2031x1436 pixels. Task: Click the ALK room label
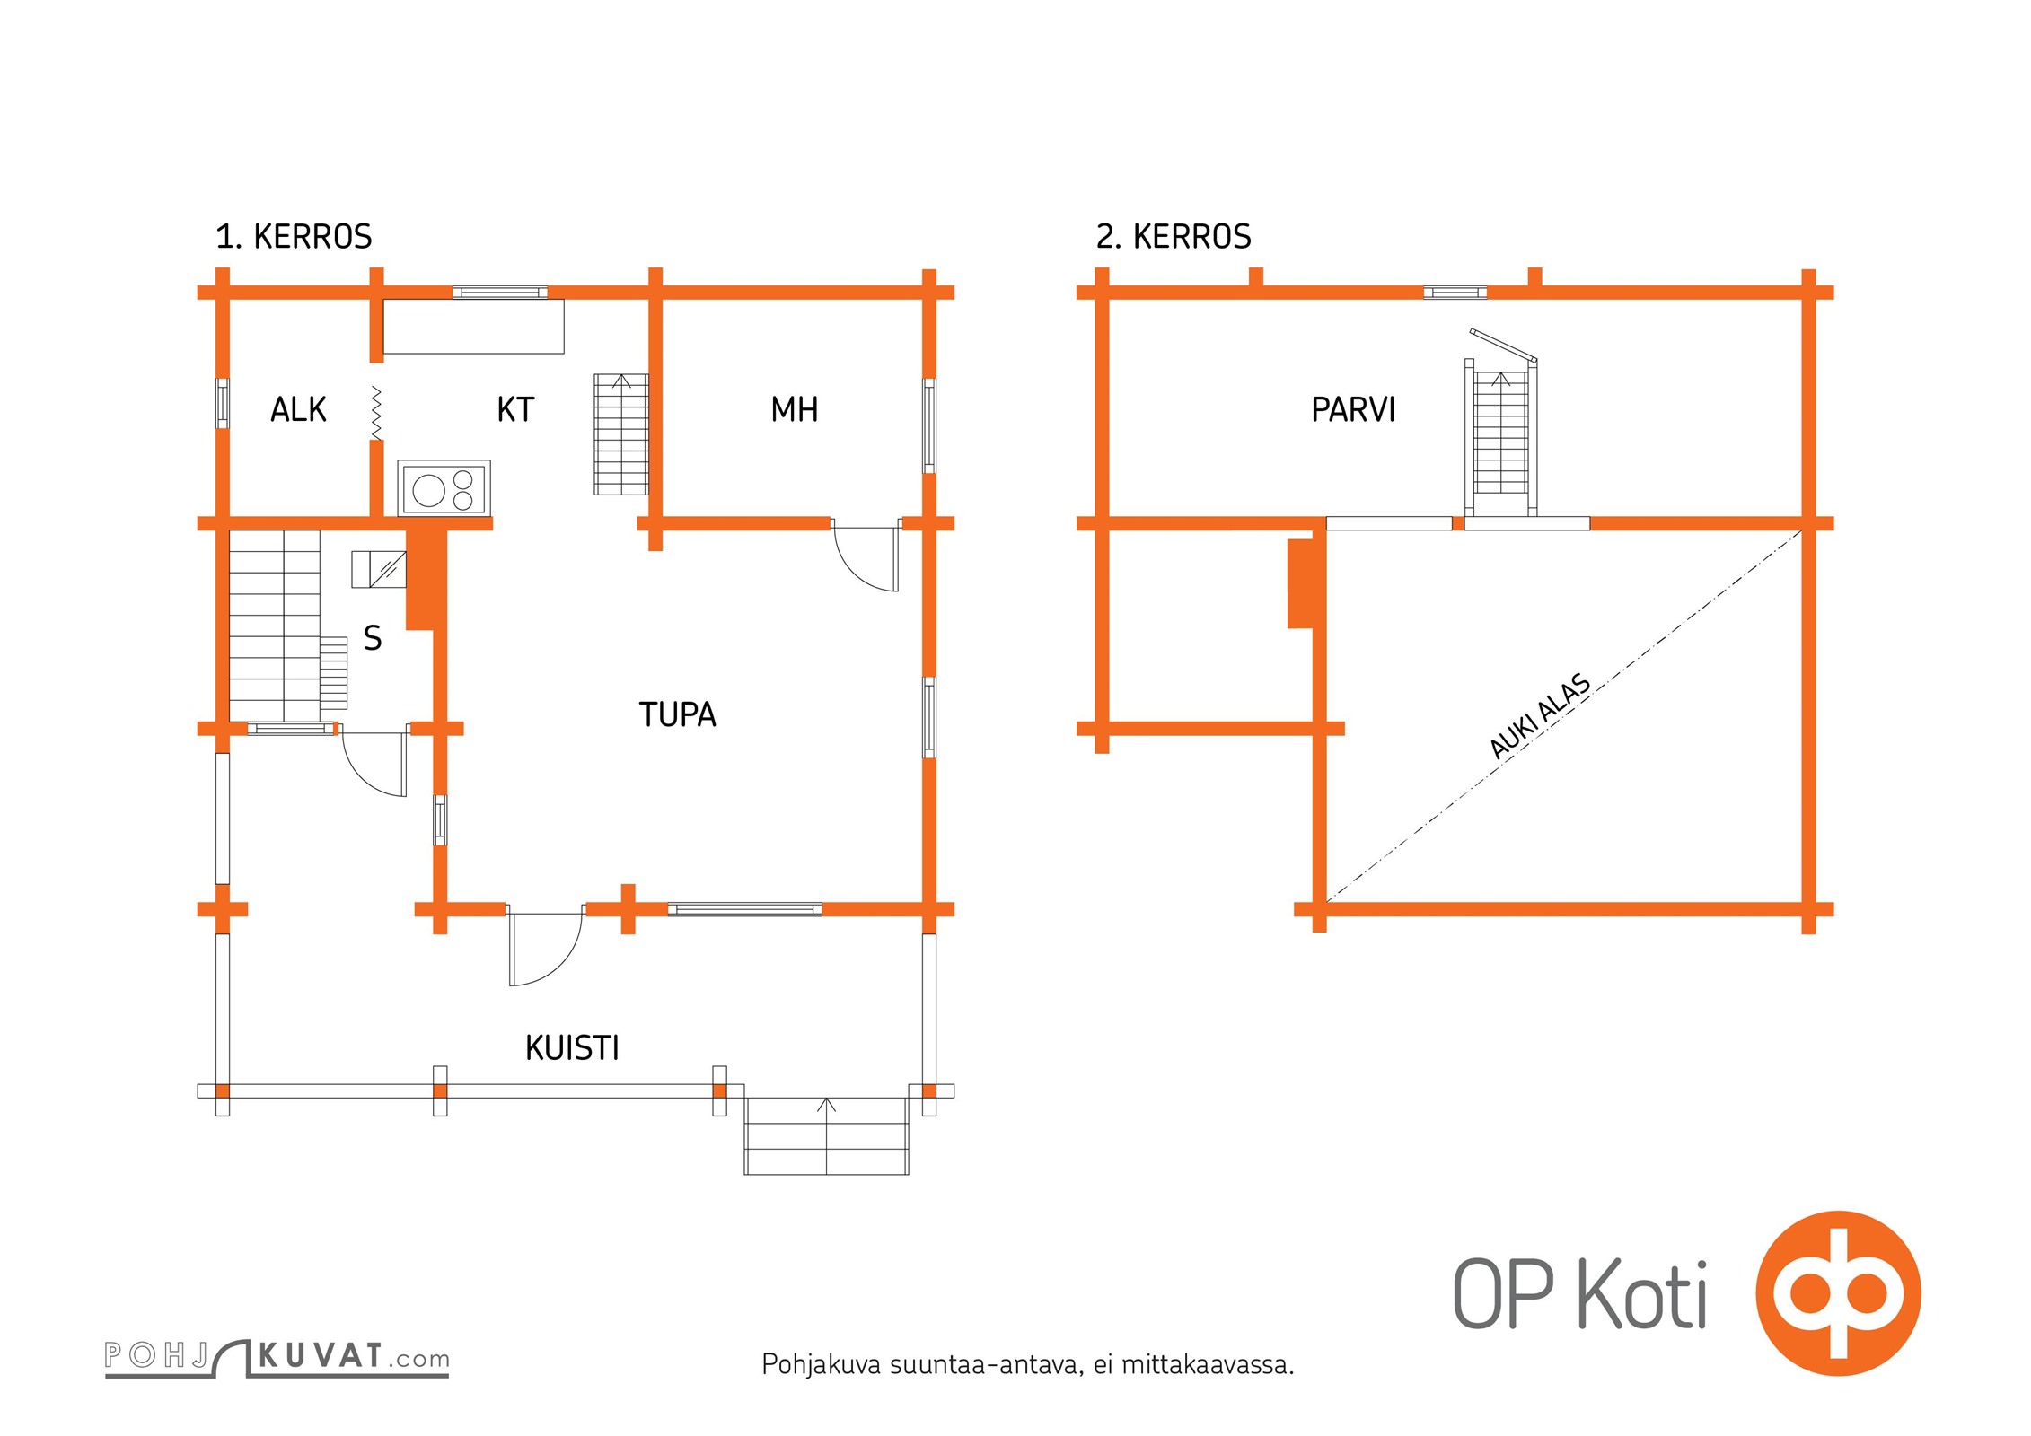point(298,409)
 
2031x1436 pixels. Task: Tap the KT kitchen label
point(515,409)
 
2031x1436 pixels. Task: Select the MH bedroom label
point(795,409)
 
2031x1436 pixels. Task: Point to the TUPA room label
point(678,714)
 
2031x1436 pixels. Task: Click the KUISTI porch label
point(573,1047)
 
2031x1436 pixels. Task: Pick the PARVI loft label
point(1353,409)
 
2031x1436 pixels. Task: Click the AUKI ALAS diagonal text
point(1540,716)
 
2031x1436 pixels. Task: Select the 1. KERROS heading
point(294,236)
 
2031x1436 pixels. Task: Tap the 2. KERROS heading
point(1174,236)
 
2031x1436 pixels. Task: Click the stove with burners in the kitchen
point(444,489)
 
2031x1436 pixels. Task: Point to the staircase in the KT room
point(621,434)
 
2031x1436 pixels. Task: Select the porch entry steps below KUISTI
point(827,1135)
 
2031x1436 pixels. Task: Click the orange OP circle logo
point(1838,1293)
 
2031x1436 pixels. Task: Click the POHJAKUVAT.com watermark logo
point(277,1357)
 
